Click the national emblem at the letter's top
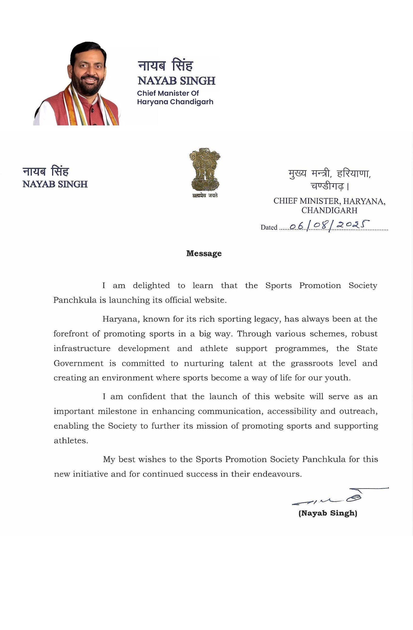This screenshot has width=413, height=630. point(204,169)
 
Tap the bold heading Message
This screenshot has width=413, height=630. point(204,253)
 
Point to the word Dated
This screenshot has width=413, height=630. point(268,227)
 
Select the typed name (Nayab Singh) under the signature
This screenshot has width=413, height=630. point(328,513)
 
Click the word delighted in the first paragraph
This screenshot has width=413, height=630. point(151,285)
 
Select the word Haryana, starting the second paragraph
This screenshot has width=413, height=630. point(121,319)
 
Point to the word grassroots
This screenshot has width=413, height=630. point(312,363)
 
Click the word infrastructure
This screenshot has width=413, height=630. point(82,348)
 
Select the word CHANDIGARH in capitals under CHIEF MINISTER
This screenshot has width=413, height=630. point(329,210)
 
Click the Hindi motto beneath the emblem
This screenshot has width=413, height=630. point(205,196)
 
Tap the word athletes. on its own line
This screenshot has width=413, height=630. point(71,441)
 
